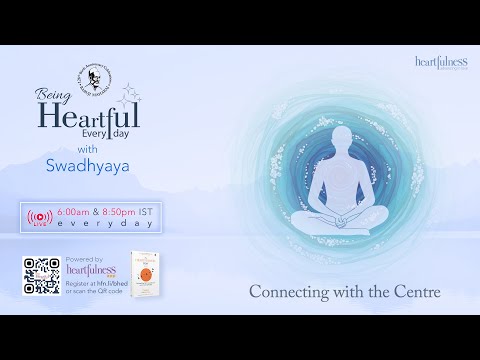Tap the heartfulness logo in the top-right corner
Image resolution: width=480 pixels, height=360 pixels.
441,62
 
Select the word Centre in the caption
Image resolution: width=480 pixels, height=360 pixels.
417,295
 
